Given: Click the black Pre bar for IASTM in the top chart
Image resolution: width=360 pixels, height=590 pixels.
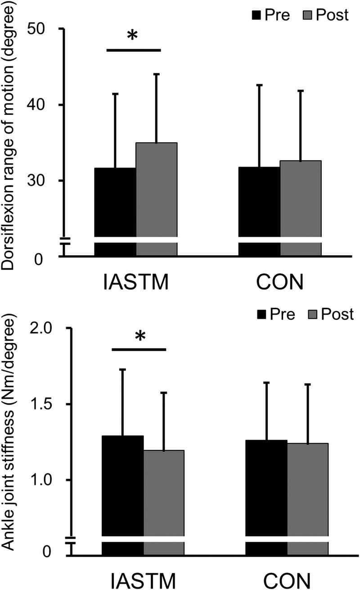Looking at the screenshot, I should point(115,203).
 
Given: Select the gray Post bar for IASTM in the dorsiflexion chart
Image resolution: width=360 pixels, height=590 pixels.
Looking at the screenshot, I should point(156,189).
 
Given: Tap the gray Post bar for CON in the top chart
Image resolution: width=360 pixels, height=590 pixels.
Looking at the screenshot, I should point(300,198).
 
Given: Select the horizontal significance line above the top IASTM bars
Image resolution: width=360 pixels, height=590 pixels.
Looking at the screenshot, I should point(134,50).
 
